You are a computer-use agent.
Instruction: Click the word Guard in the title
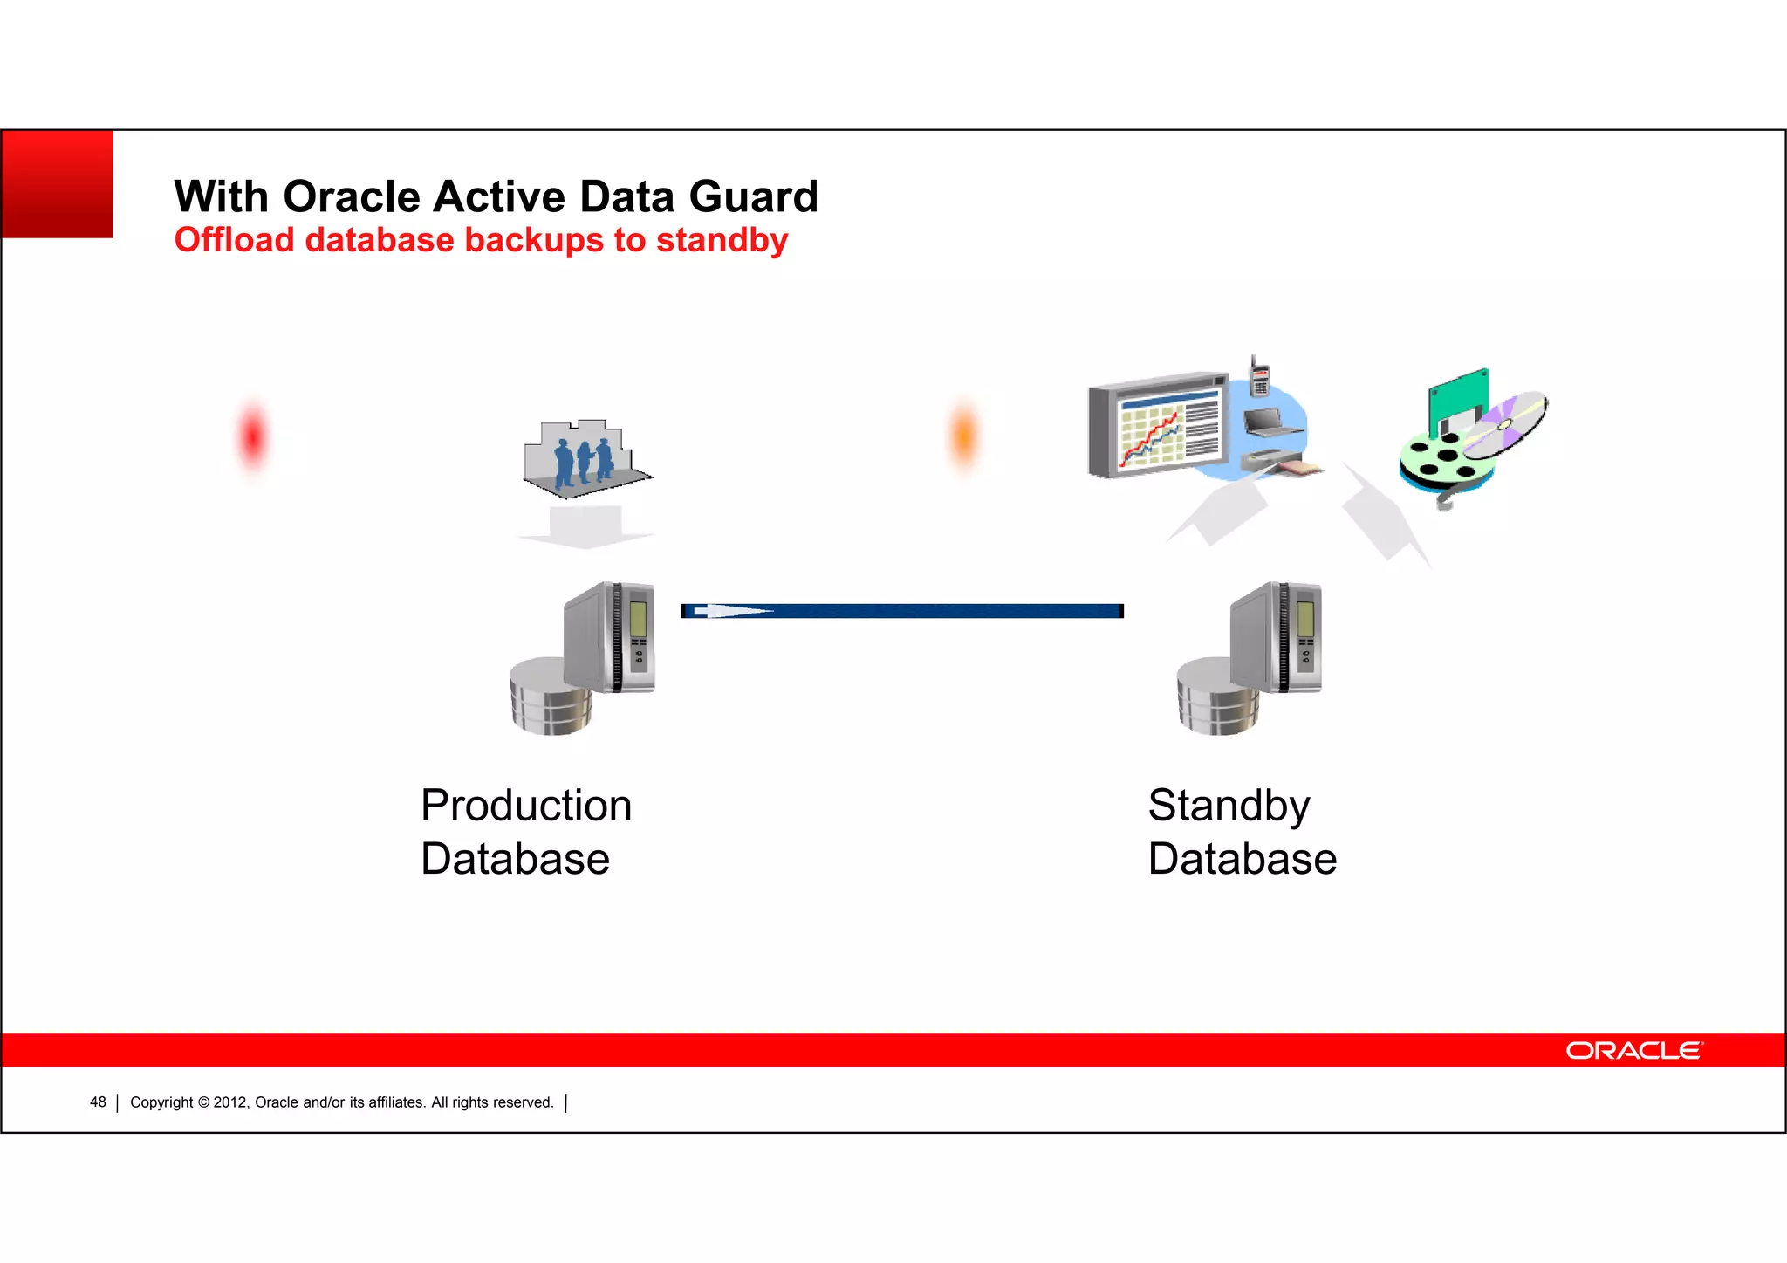pos(753,197)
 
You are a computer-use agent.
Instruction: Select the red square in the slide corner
pos(58,183)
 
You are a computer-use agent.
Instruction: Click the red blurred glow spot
pos(252,436)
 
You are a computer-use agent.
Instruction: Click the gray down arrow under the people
pos(585,527)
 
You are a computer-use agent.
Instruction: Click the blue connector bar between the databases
pos(902,611)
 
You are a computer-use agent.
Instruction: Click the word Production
pos(525,806)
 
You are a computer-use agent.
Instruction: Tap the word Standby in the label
pos(1228,806)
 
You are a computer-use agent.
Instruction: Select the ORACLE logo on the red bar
pos(1633,1050)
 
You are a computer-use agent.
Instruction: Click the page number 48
pos(98,1102)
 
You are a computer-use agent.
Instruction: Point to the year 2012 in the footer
pos(230,1102)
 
